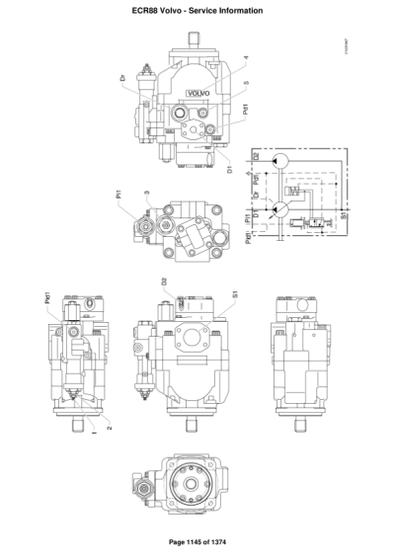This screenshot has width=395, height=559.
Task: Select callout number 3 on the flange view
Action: click(147, 194)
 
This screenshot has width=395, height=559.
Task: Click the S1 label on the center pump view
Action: click(234, 293)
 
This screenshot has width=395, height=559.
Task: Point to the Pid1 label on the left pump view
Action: click(46, 296)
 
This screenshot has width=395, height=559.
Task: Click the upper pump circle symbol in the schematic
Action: click(282, 160)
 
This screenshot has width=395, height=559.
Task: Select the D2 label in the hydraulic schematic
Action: click(257, 156)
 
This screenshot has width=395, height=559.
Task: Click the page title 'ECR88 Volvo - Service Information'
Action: click(197, 10)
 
